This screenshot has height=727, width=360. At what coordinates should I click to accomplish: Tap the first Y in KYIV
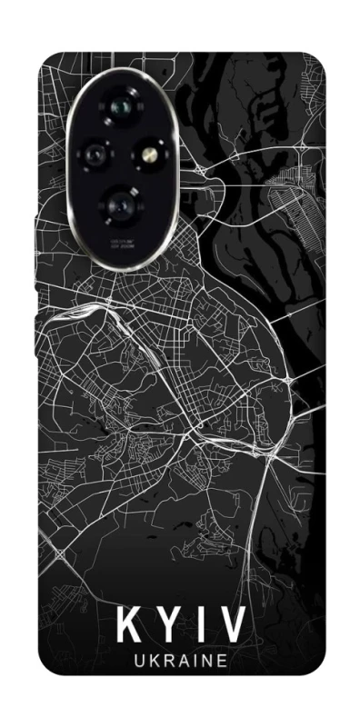coord(165,625)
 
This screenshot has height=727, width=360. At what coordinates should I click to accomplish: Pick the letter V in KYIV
coord(230,625)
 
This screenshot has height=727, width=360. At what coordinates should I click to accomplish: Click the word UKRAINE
coord(179,662)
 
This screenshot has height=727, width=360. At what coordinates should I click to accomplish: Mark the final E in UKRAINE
coord(224,662)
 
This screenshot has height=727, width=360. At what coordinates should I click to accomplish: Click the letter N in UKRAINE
coord(208,662)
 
